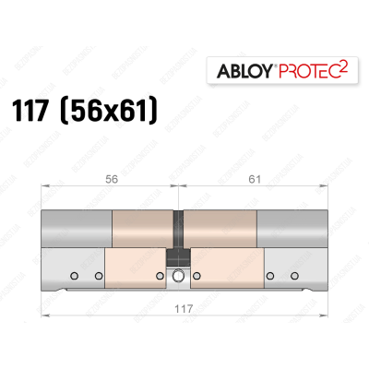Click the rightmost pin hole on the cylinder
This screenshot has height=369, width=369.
pos(290,274)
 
